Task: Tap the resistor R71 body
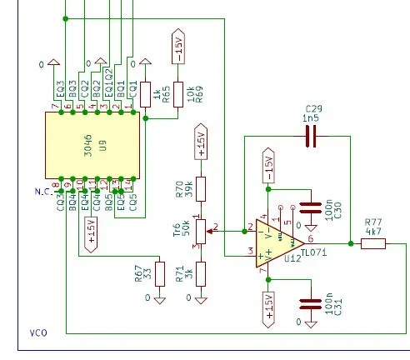click(x=200, y=273)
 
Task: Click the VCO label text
click(x=38, y=332)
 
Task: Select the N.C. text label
click(x=43, y=191)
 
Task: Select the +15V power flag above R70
click(x=200, y=142)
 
